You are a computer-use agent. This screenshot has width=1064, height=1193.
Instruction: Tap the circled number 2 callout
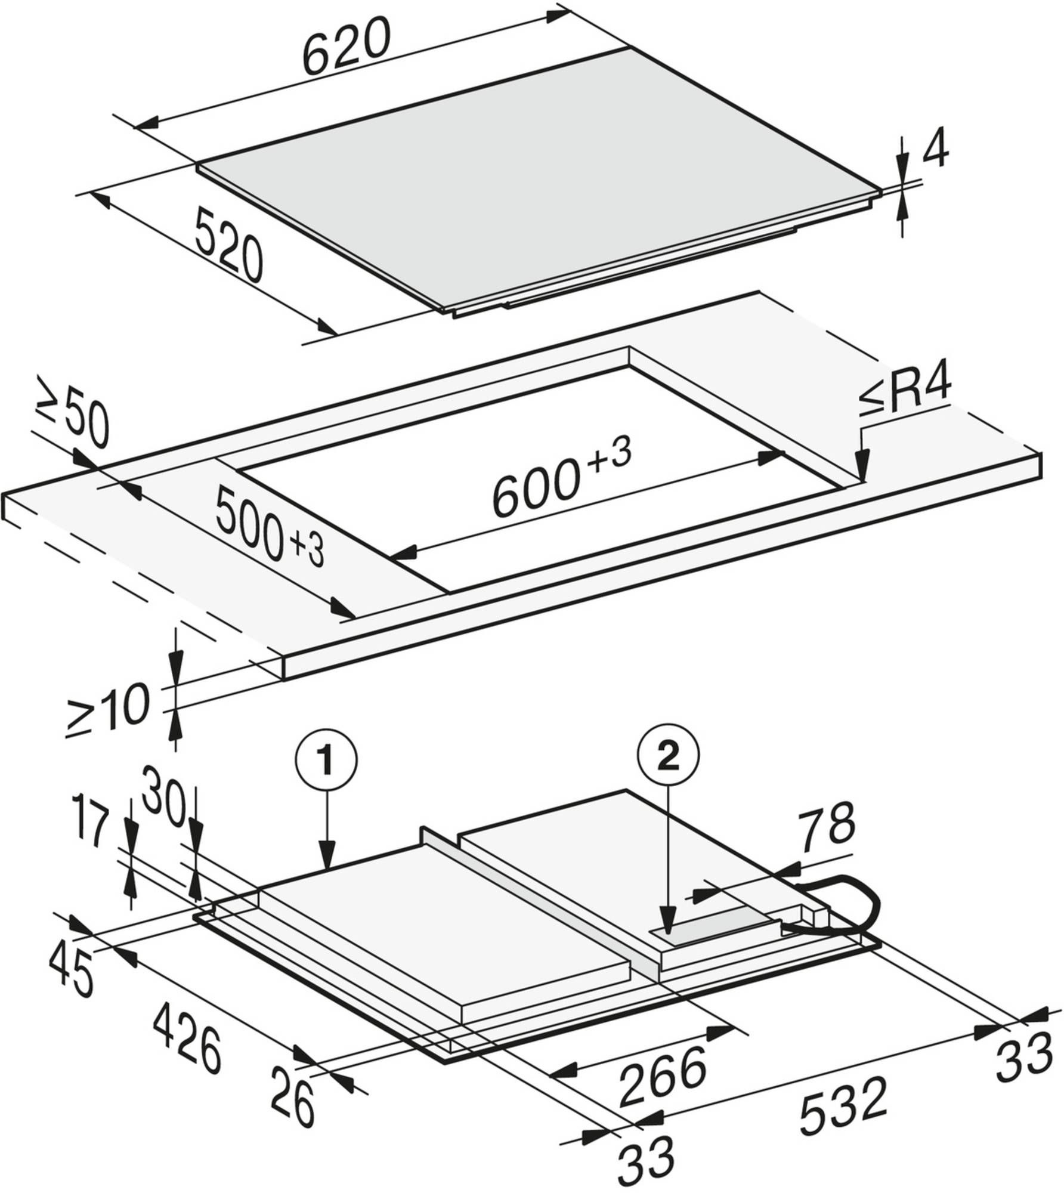[669, 758]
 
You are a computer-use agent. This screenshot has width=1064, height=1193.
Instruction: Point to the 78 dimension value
[827, 829]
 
